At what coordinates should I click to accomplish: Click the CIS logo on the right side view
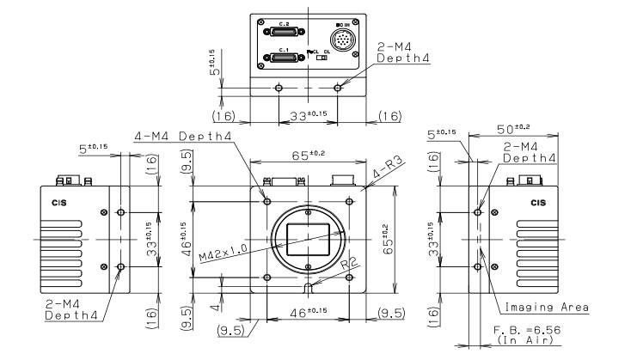[538, 204]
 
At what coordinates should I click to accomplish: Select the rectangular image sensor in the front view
[308, 237]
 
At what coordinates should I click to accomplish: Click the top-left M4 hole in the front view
[267, 200]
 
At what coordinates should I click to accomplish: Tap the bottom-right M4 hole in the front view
[348, 278]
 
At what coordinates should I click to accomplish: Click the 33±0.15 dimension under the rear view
[308, 113]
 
